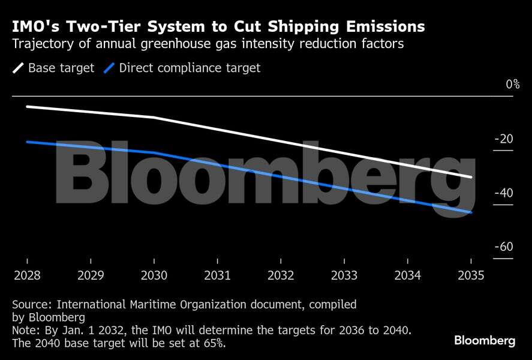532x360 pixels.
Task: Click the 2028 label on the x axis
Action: (27, 275)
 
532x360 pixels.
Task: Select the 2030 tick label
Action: (154, 275)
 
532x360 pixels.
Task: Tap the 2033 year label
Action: (344, 275)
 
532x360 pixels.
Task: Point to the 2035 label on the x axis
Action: (470, 275)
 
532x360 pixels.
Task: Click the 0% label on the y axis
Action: (512, 85)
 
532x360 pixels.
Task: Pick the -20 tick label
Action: (504, 139)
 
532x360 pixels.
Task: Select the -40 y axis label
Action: (504, 193)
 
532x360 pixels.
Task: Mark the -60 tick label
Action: (504, 247)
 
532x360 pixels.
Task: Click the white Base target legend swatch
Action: (19, 68)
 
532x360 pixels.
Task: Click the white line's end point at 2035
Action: (471, 177)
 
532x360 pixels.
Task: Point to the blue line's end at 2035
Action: (471, 212)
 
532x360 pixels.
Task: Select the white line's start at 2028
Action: (27, 106)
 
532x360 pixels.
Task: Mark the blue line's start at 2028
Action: (27, 142)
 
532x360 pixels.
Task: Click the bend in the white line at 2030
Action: (154, 117)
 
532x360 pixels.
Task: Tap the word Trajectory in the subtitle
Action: (39, 44)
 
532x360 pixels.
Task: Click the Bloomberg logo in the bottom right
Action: (484, 341)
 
